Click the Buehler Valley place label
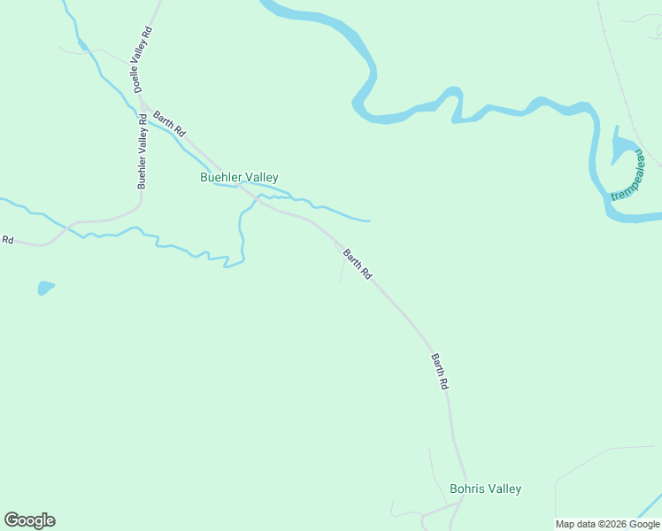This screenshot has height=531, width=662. tap(239, 178)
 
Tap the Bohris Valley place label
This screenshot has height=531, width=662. tap(485, 489)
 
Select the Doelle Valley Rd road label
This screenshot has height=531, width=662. tap(142, 59)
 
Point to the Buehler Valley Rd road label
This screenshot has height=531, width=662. tap(142, 151)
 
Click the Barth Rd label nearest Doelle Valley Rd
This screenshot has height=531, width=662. tap(169, 123)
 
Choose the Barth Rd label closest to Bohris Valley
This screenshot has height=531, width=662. tap(440, 373)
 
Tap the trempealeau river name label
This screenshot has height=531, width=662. tap(629, 174)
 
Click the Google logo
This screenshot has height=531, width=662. tap(29, 520)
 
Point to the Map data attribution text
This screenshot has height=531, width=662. tap(607, 524)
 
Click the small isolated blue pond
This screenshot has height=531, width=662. tap(45, 288)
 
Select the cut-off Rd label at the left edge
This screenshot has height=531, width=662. tap(8, 240)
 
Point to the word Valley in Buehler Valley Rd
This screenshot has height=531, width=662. tap(142, 142)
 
